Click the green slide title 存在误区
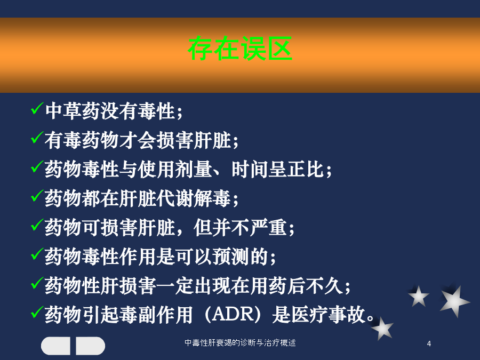pyautogui.click(x=240, y=49)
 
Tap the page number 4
pyautogui.click(x=429, y=343)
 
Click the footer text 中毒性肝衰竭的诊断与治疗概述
pyautogui.click(x=240, y=342)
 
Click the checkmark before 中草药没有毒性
pyautogui.click(x=37, y=108)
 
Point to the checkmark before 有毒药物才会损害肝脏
pyautogui.click(x=37, y=138)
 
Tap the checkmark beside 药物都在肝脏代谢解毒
pyautogui.click(x=37, y=196)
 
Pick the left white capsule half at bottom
pyautogui.click(x=55, y=346)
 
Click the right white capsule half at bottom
pyautogui.click(x=90, y=346)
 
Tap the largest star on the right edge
pyautogui.click(x=454, y=300)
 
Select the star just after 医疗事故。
pyautogui.click(x=382, y=329)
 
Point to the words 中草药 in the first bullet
pyautogui.click(x=73, y=111)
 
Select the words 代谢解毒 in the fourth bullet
pyautogui.click(x=194, y=198)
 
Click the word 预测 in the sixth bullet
pyautogui.click(x=231, y=257)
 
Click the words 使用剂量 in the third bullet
pyautogui.click(x=175, y=169)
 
